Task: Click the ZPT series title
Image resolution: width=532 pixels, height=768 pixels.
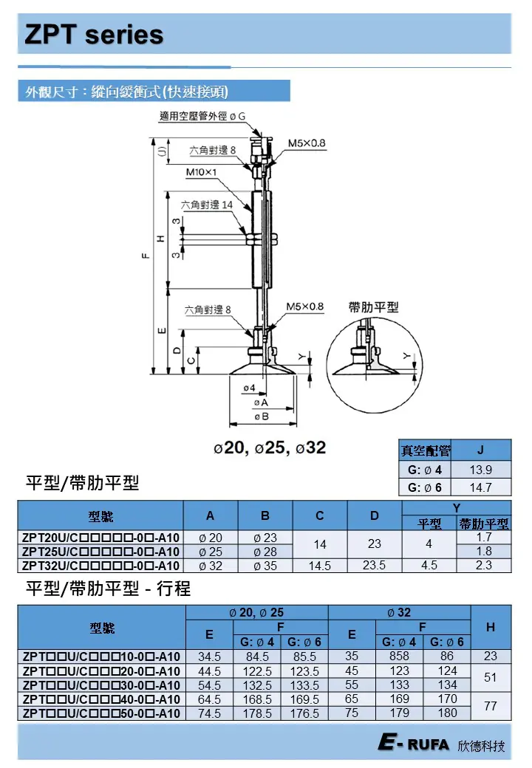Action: pyautogui.click(x=94, y=35)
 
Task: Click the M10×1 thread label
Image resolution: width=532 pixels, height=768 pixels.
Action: pyautogui.click(x=202, y=172)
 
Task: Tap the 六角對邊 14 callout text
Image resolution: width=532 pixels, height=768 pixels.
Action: pyautogui.click(x=207, y=205)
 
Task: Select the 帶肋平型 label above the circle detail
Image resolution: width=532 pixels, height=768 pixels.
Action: pyautogui.click(x=373, y=307)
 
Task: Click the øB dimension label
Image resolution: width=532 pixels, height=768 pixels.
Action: pyautogui.click(x=260, y=416)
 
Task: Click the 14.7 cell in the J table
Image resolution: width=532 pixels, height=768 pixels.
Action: pyautogui.click(x=480, y=487)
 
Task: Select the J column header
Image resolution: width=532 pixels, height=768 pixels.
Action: pyautogui.click(x=480, y=450)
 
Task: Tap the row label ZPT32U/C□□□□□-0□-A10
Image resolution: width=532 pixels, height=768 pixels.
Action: pyautogui.click(x=100, y=566)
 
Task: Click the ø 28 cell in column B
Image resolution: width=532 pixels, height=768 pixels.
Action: pyautogui.click(x=265, y=552)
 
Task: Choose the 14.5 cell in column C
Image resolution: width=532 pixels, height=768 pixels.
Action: pyautogui.click(x=320, y=566)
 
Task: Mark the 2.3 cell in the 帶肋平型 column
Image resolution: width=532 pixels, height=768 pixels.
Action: pyautogui.click(x=484, y=566)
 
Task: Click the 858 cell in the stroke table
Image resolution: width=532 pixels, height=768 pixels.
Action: pyautogui.click(x=399, y=656)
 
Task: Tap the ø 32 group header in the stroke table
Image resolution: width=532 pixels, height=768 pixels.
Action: pyautogui.click(x=399, y=612)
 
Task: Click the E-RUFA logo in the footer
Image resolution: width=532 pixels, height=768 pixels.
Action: pyautogui.click(x=413, y=744)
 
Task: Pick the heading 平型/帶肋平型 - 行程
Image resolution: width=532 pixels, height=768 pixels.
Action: pyautogui.click(x=108, y=590)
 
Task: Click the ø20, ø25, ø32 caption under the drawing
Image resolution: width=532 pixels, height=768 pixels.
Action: pyautogui.click(x=269, y=448)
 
